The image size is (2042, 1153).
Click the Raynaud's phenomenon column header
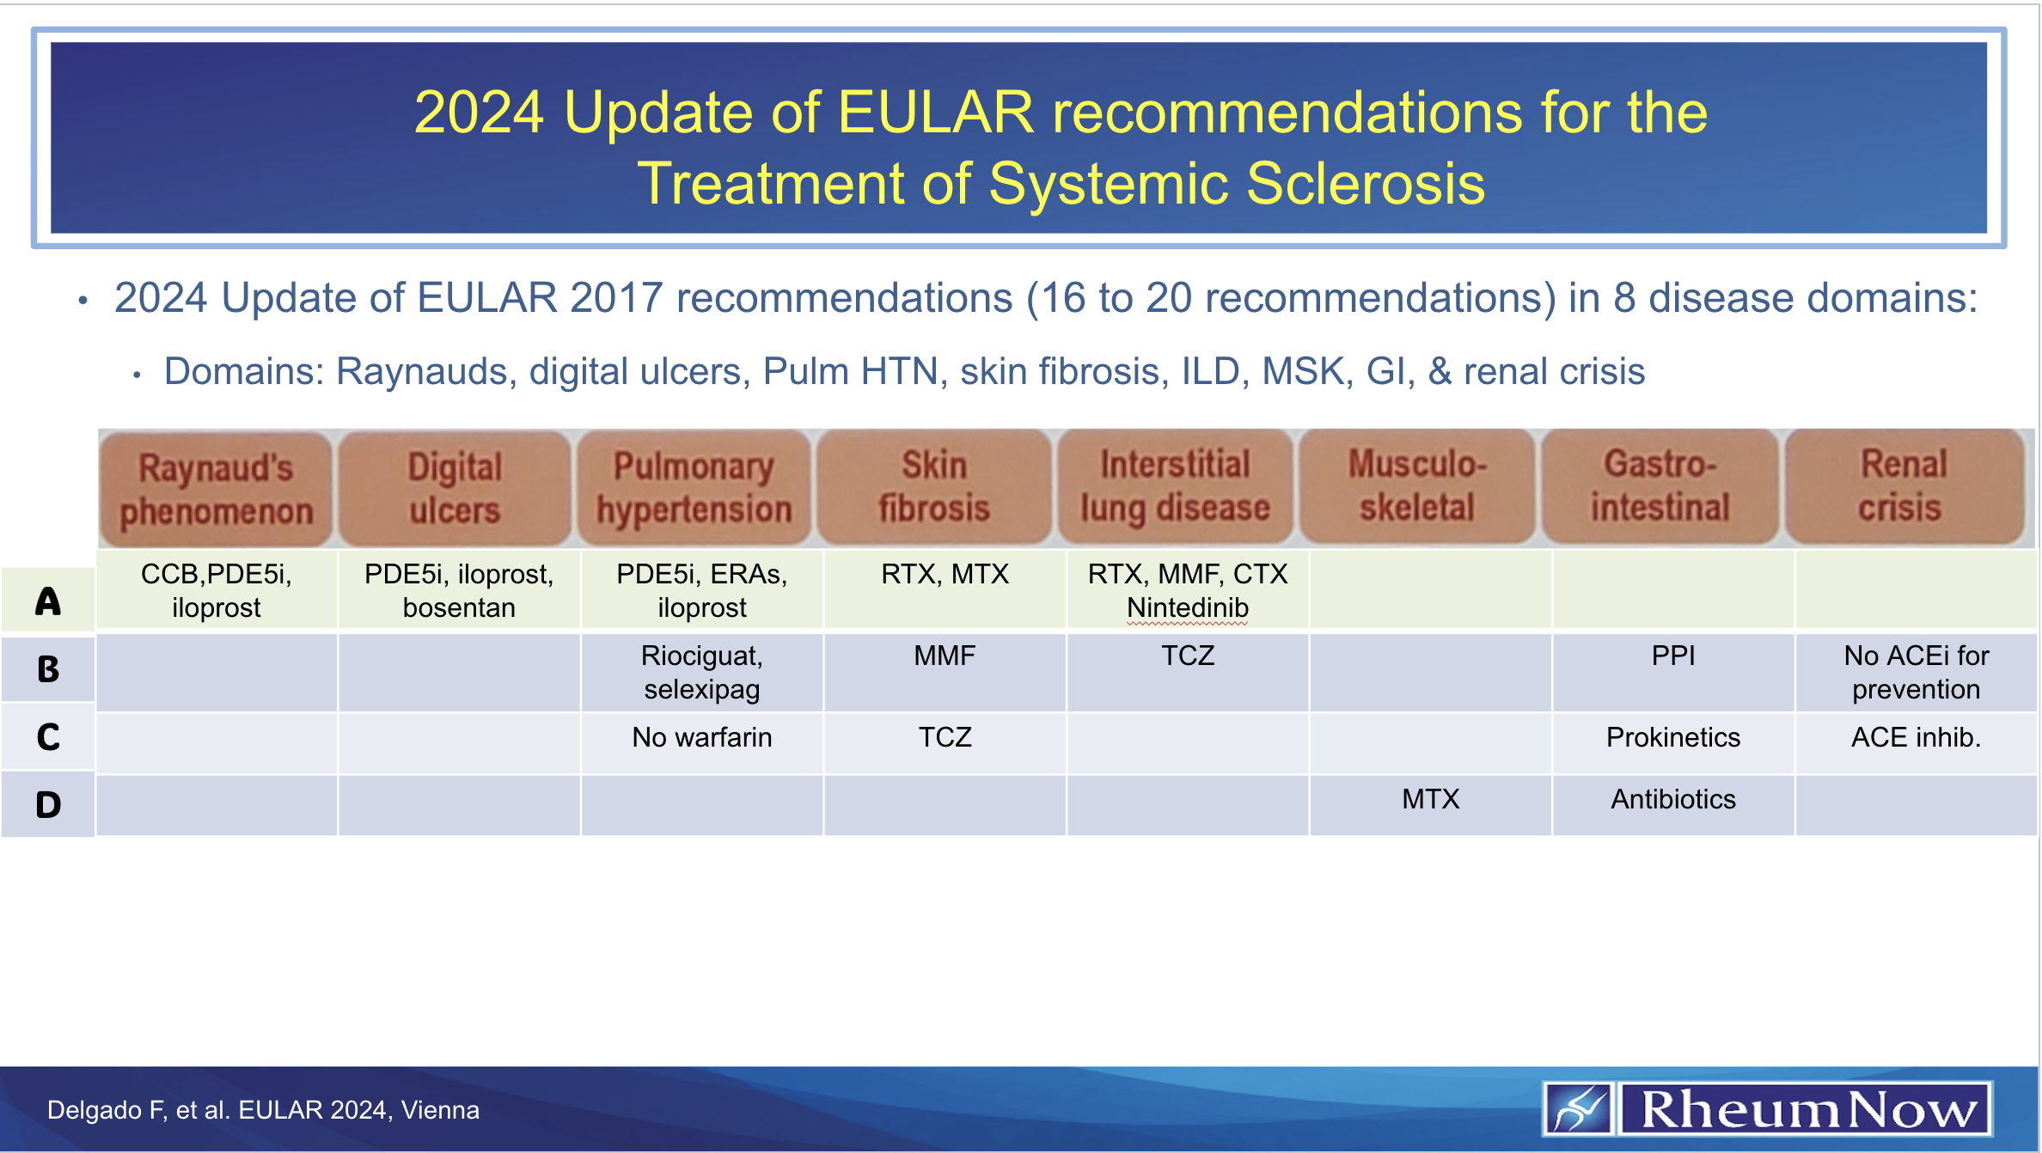point(216,489)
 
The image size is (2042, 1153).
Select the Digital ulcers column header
point(455,488)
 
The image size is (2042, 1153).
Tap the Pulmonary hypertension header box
point(694,488)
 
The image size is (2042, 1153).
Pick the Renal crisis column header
point(1904,486)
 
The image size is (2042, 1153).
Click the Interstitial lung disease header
point(1175,486)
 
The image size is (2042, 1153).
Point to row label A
point(48,601)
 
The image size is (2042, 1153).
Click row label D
point(48,805)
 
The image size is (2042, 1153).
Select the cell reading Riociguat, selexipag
point(701,672)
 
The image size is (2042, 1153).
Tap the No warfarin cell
point(701,737)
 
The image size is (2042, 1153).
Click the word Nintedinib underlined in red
point(1187,608)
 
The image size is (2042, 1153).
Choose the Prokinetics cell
point(1672,737)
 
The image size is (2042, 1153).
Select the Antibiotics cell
point(1672,799)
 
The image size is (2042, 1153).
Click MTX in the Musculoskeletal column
point(1430,799)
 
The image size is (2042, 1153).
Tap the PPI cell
point(1672,656)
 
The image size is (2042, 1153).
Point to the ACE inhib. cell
point(1916,737)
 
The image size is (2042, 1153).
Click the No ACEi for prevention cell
point(1916,672)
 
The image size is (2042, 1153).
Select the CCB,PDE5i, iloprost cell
point(216,590)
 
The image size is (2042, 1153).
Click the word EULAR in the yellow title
point(935,113)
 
